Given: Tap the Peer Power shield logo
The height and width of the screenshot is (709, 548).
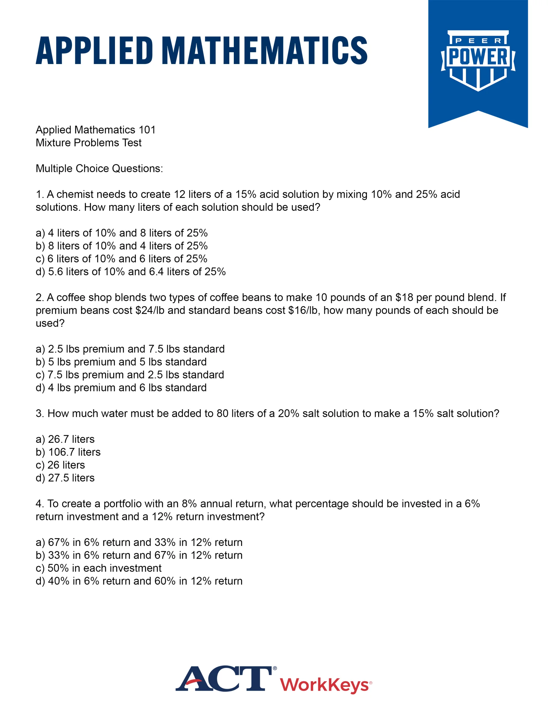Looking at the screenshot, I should click(x=478, y=61).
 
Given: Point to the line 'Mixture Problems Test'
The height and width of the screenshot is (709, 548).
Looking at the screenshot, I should click(x=89, y=143).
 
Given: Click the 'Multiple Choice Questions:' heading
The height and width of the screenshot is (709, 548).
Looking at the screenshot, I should click(x=99, y=169).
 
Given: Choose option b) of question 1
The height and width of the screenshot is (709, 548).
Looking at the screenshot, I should click(x=122, y=246).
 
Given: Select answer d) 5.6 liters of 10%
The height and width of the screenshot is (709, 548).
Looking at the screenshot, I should click(x=131, y=272).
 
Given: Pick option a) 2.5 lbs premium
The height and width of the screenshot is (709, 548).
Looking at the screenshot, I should click(x=130, y=349).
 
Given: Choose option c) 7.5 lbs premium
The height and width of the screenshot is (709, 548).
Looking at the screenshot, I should click(x=130, y=375).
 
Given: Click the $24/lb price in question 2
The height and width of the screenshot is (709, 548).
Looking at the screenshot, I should click(x=150, y=310).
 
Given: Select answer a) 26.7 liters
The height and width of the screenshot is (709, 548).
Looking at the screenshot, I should click(x=65, y=439).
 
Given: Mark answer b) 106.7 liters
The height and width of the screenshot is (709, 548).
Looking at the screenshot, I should click(x=68, y=452).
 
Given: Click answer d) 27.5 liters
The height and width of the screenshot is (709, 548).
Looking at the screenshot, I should click(x=65, y=478).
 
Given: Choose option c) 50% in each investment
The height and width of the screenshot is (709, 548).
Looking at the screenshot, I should click(x=99, y=568).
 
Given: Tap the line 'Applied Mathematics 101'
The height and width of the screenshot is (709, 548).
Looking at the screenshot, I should click(x=96, y=130).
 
